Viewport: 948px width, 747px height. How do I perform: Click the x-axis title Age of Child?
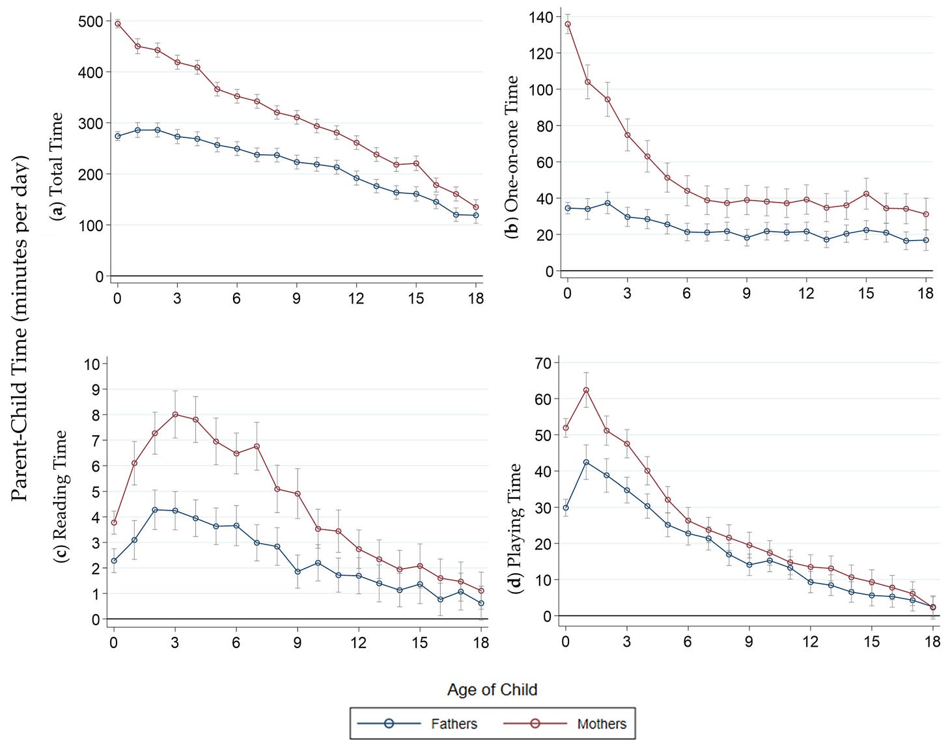coord(492,689)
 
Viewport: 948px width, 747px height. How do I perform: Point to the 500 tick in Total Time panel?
coord(91,21)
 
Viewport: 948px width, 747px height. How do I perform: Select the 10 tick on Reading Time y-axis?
coord(92,363)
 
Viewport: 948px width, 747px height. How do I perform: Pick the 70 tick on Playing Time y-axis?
coord(543,363)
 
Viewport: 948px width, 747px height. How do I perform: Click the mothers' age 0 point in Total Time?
coord(118,24)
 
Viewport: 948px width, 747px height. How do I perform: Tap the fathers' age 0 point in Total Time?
coord(118,136)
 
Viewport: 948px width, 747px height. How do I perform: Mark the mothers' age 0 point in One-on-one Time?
coord(568,24)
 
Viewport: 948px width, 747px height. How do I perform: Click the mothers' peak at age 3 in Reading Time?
coord(175,414)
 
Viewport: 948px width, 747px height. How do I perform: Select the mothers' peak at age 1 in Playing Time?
coord(586,390)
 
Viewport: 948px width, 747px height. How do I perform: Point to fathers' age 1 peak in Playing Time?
coord(586,462)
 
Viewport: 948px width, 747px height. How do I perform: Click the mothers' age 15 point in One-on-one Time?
coord(866,194)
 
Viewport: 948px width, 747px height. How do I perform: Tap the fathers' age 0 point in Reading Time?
coord(114,561)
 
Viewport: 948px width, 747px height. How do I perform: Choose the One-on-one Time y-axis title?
coord(512,157)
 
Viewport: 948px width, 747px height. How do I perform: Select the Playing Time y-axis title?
coord(514,528)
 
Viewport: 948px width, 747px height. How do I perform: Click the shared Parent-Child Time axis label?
coord(20,329)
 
